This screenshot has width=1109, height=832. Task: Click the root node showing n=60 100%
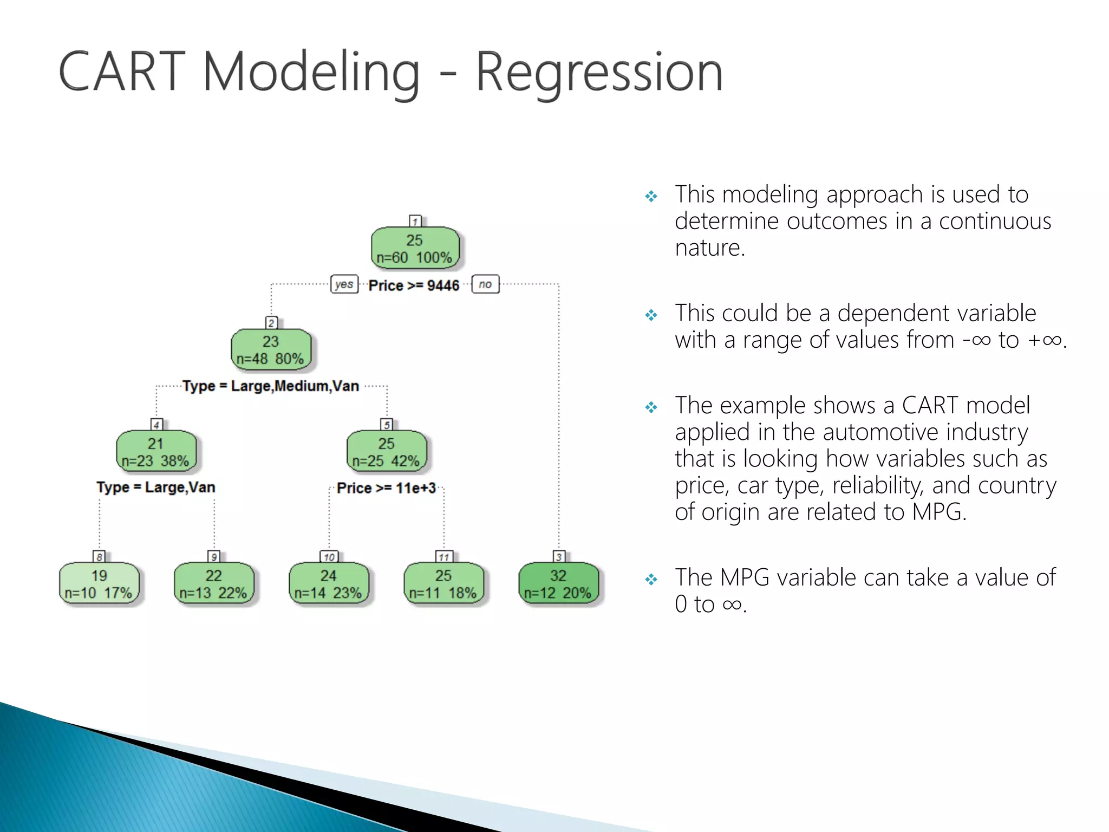coord(415,249)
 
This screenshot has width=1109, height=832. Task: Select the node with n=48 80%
coord(271,350)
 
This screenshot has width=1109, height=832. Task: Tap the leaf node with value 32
coord(558,584)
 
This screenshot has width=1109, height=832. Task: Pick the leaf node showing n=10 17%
coord(99,584)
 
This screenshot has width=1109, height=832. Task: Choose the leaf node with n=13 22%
coord(214,584)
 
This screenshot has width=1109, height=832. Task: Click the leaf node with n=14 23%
coord(329,584)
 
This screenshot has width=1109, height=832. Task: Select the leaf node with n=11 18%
coord(443,584)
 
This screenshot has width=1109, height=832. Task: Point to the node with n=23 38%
coord(156,452)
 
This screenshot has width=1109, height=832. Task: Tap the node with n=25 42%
coord(387,452)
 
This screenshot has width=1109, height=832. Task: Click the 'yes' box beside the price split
coord(344,284)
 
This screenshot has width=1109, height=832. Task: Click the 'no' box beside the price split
coord(485,284)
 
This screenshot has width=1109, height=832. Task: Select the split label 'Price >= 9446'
coord(414,285)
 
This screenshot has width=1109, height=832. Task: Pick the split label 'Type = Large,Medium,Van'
coord(271,386)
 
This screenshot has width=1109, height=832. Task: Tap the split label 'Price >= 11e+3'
coord(386,488)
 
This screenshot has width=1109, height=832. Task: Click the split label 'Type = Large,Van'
coord(156,487)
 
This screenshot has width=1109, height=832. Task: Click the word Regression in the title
coord(599,73)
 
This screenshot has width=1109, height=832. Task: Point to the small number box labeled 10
coord(329,557)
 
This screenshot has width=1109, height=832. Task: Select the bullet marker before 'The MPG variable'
coord(651,580)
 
